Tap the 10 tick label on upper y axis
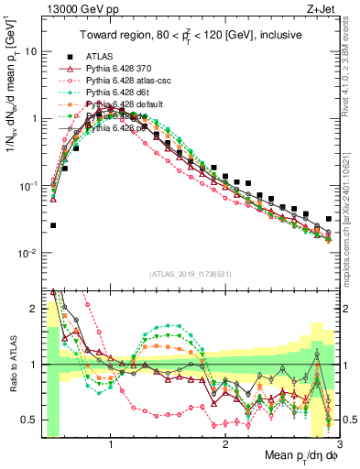[x=31, y=51]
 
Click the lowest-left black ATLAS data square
[x=53, y=225]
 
